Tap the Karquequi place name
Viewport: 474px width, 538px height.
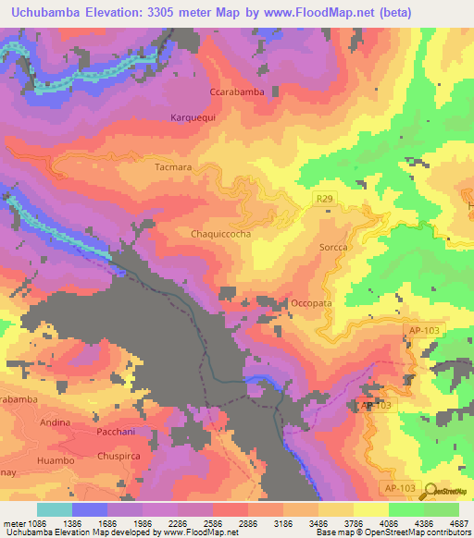point(193,117)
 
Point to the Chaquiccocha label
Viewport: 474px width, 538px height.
point(220,235)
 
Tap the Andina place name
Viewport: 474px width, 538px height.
point(56,423)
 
